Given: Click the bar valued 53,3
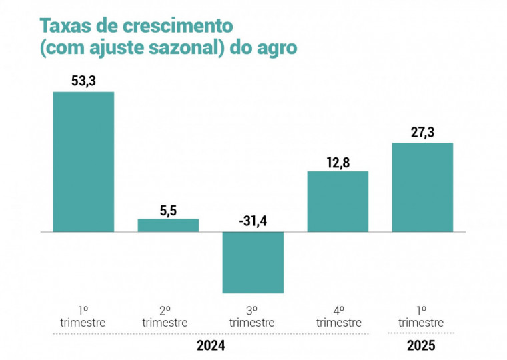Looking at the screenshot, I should click(x=83, y=161).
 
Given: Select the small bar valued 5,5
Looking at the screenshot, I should click(x=168, y=225).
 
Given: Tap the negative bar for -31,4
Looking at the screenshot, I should click(x=253, y=262).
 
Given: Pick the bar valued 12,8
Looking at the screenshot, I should click(x=338, y=201).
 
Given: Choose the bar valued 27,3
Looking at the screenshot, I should click(x=422, y=187).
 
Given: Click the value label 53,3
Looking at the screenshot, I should click(x=83, y=81).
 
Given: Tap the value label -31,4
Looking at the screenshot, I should click(x=252, y=221).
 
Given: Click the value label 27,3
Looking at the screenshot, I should click(x=422, y=132).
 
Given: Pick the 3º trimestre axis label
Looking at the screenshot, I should click(x=252, y=316).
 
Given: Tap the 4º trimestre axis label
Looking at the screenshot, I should click(x=338, y=316).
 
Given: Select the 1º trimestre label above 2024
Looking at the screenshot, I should click(x=83, y=316).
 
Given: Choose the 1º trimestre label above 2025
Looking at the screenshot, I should click(x=421, y=316).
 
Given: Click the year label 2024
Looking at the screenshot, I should click(x=211, y=346).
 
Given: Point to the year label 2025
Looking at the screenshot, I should click(x=421, y=346).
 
